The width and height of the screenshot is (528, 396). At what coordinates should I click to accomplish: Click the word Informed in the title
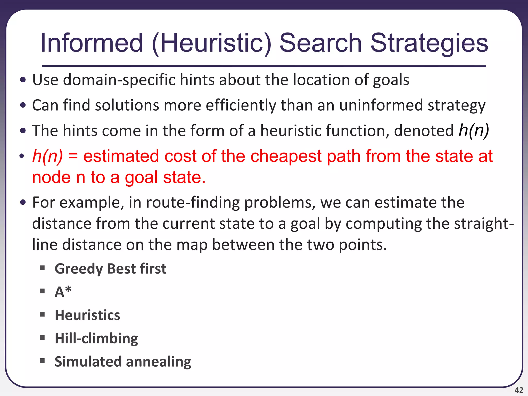[x=92, y=43]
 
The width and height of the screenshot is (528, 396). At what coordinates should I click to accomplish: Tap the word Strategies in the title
[x=429, y=43]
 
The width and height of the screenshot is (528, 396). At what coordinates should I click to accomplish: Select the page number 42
[x=519, y=390]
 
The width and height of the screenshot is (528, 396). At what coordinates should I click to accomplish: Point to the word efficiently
[x=241, y=105]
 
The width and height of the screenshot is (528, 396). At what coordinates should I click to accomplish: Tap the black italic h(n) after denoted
[x=474, y=130]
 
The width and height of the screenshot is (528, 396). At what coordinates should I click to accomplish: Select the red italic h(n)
[x=47, y=156]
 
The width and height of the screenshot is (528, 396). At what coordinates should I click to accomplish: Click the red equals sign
[x=73, y=156]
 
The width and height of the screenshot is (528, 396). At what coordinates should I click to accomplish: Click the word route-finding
[x=193, y=202]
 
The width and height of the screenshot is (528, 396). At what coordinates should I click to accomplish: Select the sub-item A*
[x=63, y=292]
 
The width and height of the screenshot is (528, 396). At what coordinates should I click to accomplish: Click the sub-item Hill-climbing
[x=96, y=339]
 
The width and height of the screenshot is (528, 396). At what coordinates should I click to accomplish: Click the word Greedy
[x=79, y=269]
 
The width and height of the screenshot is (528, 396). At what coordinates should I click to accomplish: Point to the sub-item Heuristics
[x=87, y=315]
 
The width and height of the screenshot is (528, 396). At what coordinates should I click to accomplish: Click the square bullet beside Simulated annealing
[x=42, y=360]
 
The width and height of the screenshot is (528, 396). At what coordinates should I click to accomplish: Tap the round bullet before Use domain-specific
[x=23, y=80]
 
